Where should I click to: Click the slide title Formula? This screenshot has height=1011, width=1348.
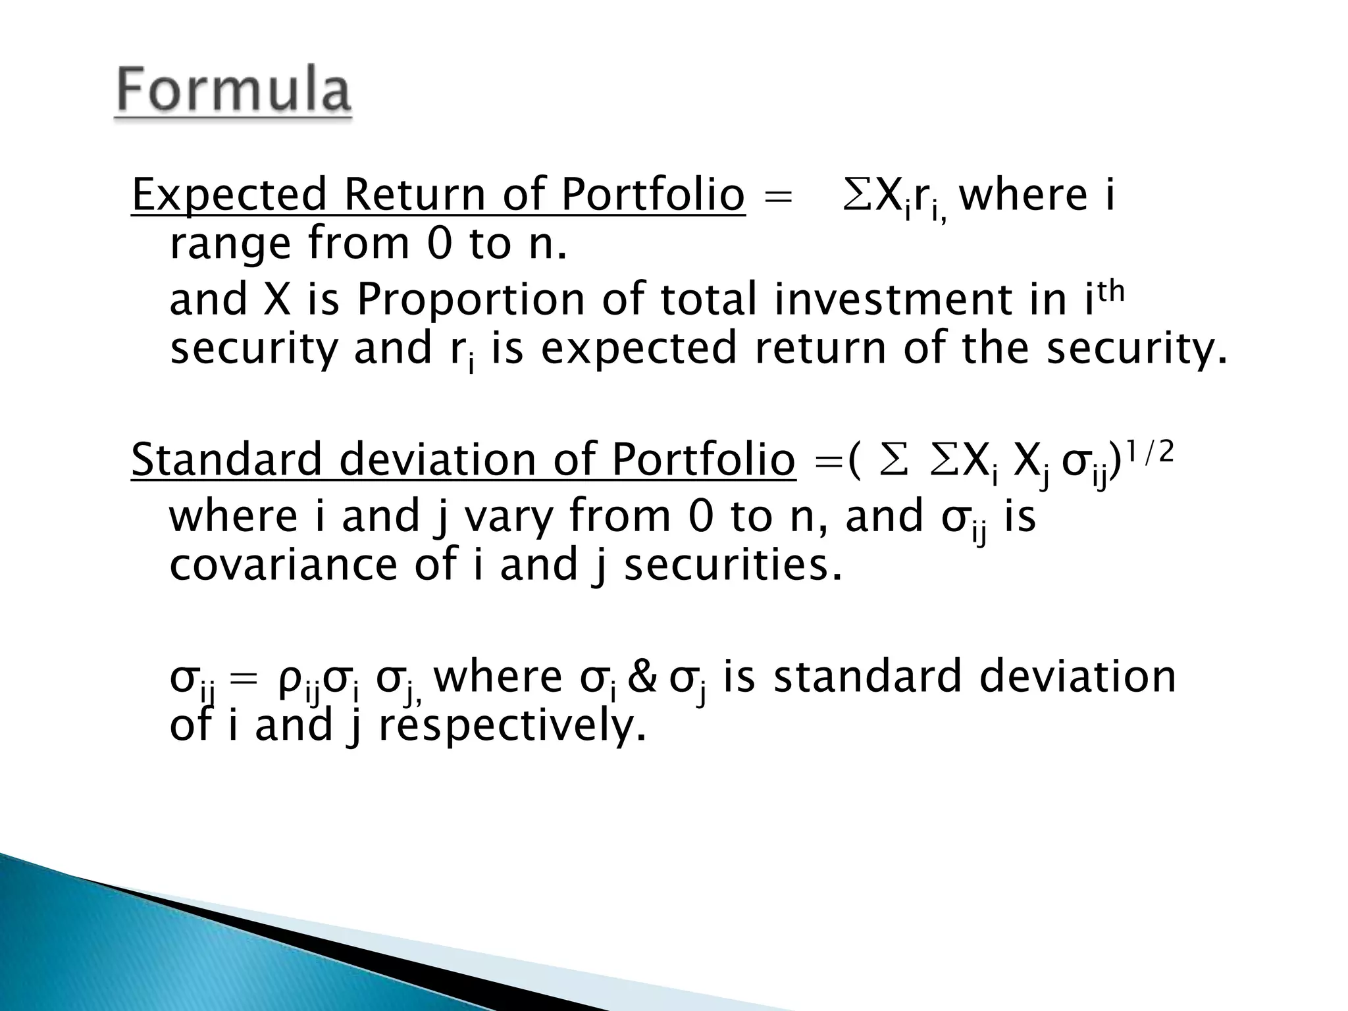pos(234,93)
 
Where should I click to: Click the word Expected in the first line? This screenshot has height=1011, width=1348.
pos(229,195)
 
